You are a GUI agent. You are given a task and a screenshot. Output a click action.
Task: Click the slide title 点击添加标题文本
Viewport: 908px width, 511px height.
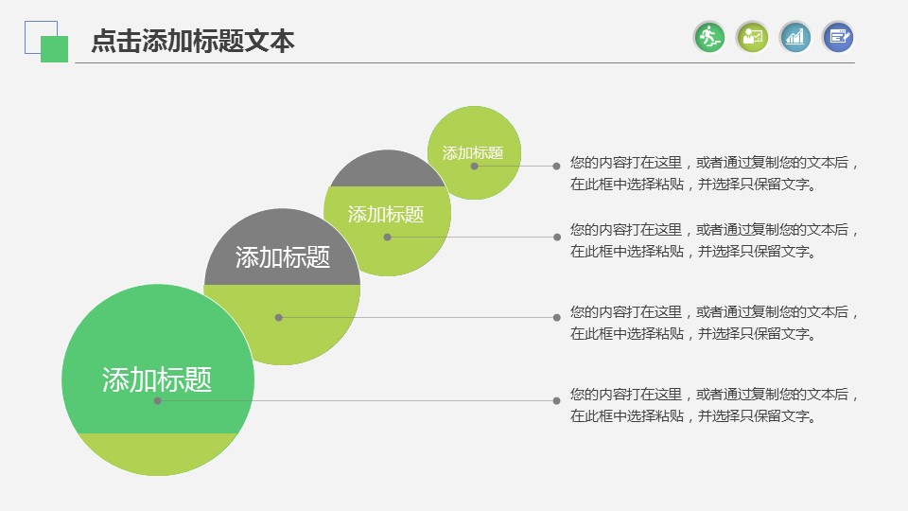click(193, 41)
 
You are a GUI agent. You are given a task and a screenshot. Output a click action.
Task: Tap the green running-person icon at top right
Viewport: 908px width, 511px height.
click(709, 37)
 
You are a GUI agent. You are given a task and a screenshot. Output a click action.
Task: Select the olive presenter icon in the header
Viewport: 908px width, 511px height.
click(752, 37)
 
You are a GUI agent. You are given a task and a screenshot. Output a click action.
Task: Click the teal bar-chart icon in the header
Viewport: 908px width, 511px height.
click(795, 37)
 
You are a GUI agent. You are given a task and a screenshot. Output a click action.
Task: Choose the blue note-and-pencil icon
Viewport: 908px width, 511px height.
click(838, 37)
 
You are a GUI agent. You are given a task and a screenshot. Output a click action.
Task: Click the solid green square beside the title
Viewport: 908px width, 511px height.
click(55, 49)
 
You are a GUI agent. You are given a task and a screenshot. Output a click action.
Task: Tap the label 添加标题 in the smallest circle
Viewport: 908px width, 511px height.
click(473, 153)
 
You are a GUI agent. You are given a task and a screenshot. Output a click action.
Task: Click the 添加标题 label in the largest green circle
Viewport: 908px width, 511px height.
click(157, 379)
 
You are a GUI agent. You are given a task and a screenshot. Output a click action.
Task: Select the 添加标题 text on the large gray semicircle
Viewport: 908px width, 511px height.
click(283, 257)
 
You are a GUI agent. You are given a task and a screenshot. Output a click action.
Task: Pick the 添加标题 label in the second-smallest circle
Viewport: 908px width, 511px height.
click(386, 215)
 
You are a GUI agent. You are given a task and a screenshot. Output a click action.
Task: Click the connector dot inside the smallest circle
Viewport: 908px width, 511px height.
click(474, 167)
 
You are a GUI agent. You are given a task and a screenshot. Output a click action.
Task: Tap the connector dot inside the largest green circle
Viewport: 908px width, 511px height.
click(158, 400)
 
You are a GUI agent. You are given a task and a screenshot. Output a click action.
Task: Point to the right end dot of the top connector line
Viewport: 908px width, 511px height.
click(556, 167)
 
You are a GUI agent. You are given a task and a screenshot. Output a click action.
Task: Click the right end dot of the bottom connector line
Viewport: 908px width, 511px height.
click(556, 400)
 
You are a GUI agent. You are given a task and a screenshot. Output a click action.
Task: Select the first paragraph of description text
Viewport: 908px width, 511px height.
click(713, 173)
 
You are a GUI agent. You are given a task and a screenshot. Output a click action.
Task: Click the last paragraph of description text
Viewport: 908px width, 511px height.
click(713, 405)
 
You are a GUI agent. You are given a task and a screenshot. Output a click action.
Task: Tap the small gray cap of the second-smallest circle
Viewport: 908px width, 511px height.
click(388, 169)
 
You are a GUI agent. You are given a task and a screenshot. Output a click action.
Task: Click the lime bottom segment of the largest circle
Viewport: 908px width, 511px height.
click(158, 452)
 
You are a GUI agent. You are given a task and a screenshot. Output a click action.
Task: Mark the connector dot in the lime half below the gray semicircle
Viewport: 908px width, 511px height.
click(278, 318)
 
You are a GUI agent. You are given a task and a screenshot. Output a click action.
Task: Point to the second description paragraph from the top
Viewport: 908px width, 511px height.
click(713, 240)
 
